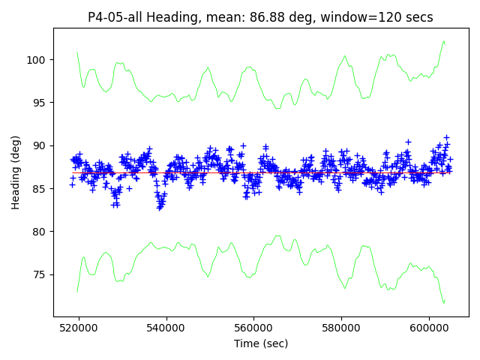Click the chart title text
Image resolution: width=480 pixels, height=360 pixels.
tap(260, 16)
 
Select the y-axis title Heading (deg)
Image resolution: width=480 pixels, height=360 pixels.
tap(16, 172)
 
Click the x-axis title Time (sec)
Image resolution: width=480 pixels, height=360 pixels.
tap(260, 343)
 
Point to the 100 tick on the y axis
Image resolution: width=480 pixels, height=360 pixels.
tap(37, 60)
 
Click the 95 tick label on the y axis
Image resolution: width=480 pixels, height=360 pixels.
tap(40, 103)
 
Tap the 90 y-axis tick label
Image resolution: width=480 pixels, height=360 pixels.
tap(40, 145)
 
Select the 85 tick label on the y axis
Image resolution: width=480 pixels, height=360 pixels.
tap(40, 189)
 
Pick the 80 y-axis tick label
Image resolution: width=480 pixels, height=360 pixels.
tap(40, 232)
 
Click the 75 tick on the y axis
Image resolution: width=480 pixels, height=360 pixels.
tap(40, 274)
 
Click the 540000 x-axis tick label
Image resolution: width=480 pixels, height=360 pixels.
tap(166, 328)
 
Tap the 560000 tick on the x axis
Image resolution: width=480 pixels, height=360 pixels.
tap(253, 328)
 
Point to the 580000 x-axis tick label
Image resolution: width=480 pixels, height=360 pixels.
tap(341, 328)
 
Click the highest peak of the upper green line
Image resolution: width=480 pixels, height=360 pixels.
tap(444, 41)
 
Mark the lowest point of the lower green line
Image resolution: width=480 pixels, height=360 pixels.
tap(444, 303)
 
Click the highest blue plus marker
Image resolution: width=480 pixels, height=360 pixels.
tap(446, 137)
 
